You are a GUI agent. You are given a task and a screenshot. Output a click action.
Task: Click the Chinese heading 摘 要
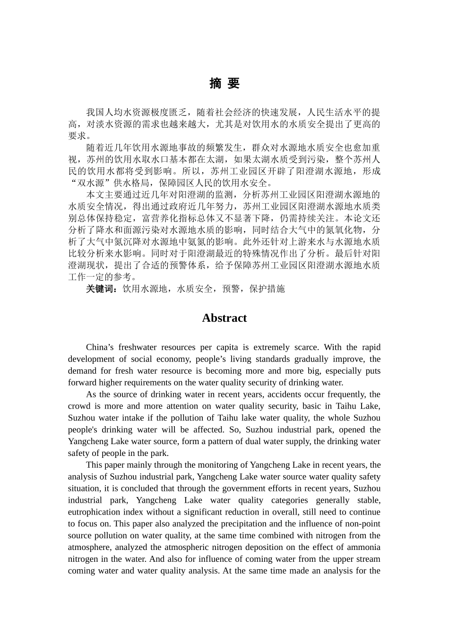click(x=224, y=84)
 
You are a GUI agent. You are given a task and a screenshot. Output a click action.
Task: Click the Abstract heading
click(x=224, y=318)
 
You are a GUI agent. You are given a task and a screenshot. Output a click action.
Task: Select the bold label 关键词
click(x=100, y=289)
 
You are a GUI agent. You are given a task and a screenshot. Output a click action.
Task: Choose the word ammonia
click(x=363, y=547)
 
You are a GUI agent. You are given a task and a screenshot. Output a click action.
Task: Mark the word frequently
click(x=348, y=394)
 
